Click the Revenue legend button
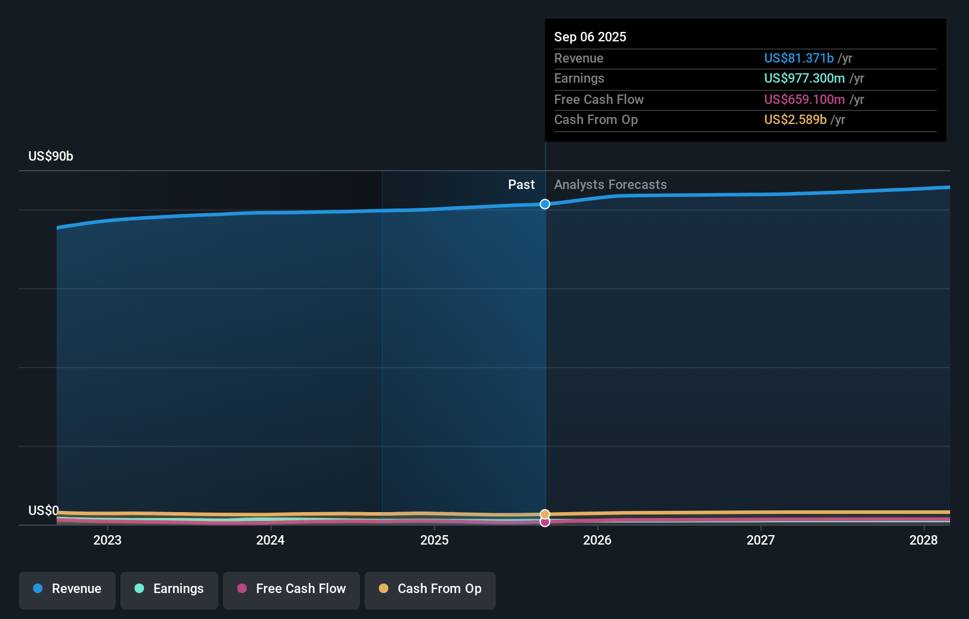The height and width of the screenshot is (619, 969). point(67,589)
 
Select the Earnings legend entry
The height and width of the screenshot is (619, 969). point(169,589)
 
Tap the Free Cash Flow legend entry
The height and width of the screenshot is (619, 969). point(292,589)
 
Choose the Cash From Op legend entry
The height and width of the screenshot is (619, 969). point(430,589)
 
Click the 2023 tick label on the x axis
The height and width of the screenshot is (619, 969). point(107,540)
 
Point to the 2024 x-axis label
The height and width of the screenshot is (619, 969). point(270,540)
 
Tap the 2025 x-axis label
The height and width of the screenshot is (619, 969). point(434,540)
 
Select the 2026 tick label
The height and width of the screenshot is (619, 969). point(597,540)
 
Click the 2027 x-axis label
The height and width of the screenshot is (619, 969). point(761,540)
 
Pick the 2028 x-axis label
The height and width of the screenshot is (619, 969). point(924,540)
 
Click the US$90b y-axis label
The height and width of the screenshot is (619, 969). point(51,157)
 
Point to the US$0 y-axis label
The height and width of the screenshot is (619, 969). point(44,510)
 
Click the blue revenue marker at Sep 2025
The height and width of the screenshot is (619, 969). point(545,204)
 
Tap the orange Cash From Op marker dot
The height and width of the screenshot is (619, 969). point(545,514)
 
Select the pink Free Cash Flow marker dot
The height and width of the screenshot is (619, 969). point(545,522)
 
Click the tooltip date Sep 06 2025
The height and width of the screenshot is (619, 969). point(590,37)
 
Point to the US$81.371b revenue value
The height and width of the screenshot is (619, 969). point(798,58)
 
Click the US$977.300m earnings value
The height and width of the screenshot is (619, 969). point(804,79)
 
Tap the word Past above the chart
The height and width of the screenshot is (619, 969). point(521,185)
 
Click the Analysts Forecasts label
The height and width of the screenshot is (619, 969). point(610,185)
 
